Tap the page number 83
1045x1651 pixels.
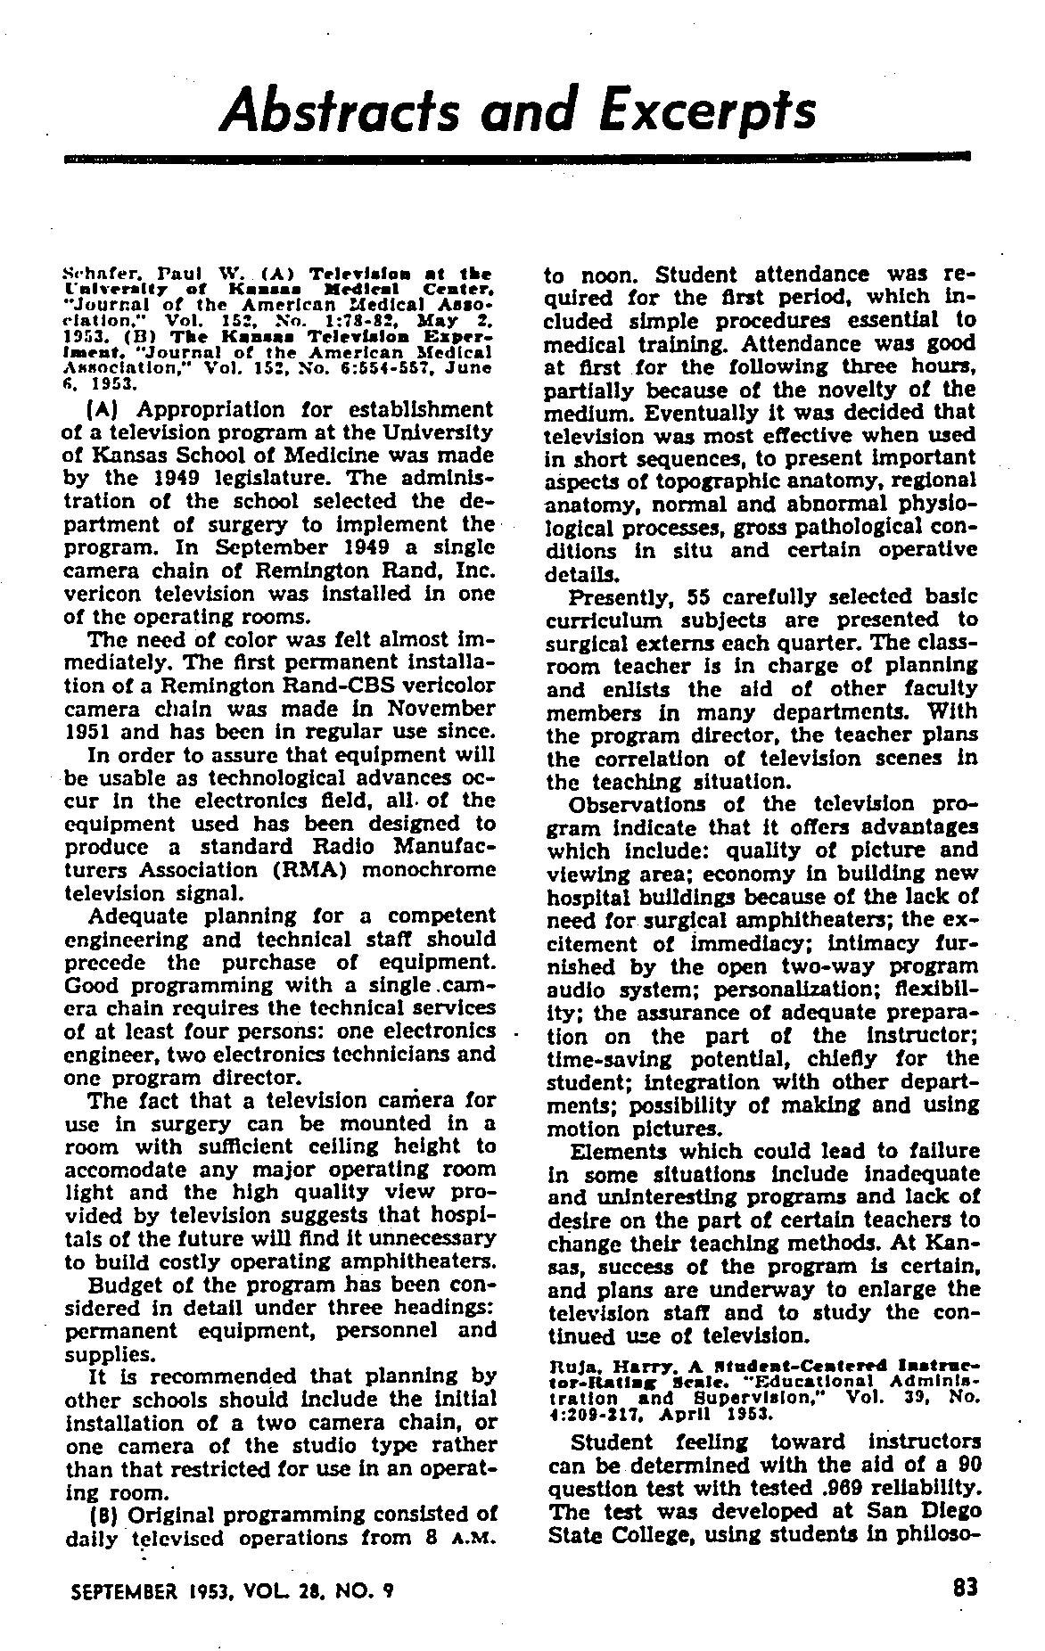(x=965, y=1587)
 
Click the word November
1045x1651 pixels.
(x=440, y=708)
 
